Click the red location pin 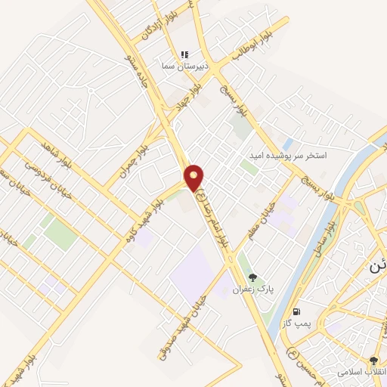click(x=195, y=177)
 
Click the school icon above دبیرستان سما click(x=184, y=54)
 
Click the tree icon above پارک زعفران click(x=252, y=277)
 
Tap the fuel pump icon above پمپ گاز click(x=296, y=311)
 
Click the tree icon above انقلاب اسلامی click(x=373, y=361)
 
